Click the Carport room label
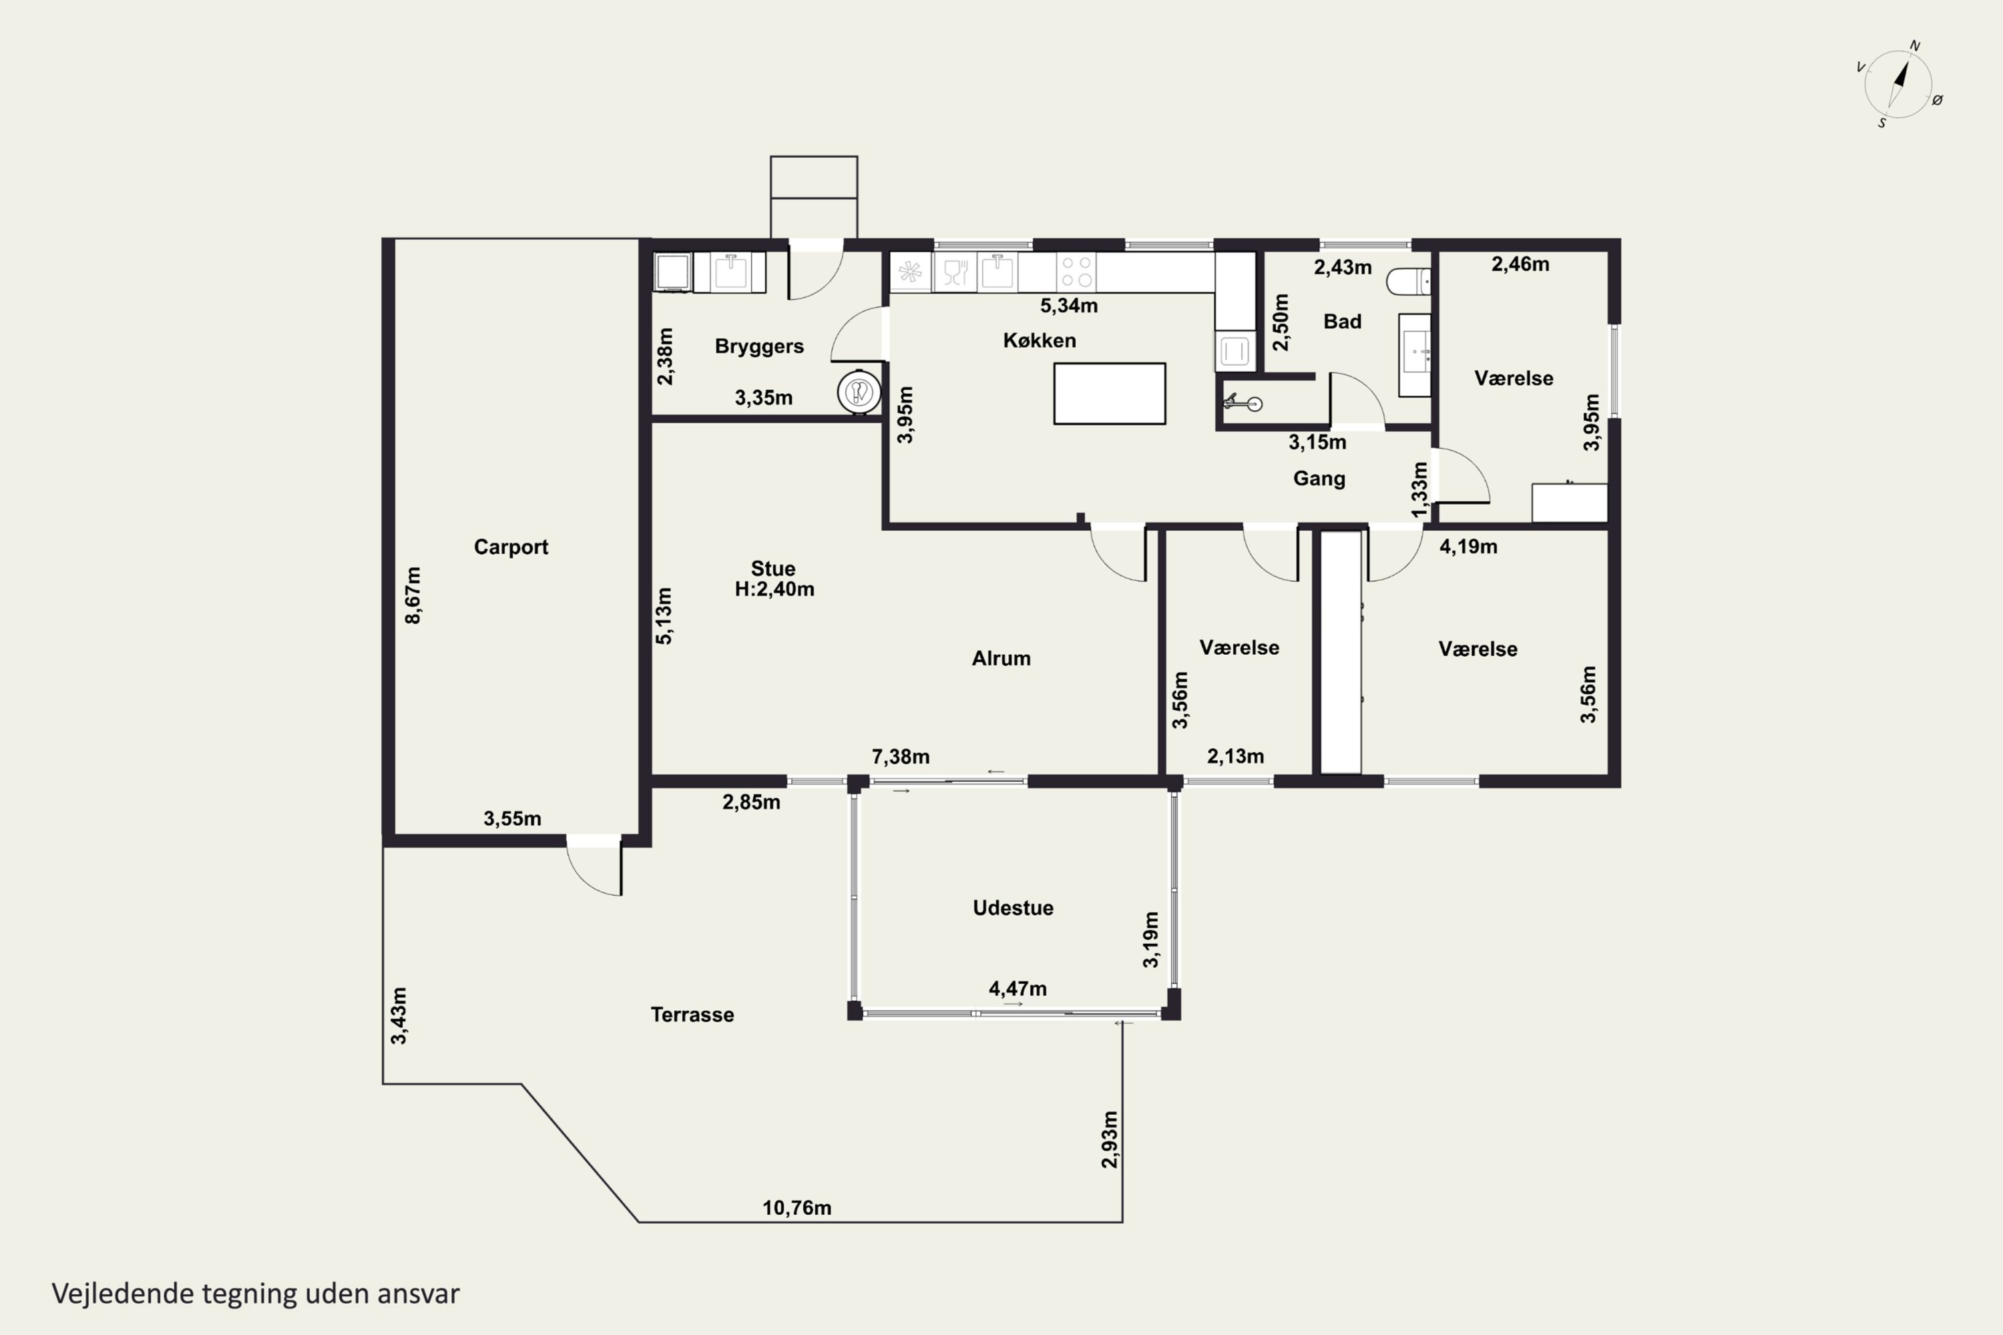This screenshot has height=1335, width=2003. (x=511, y=547)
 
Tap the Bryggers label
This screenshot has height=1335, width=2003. (x=758, y=346)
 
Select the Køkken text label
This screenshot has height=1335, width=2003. (x=1039, y=340)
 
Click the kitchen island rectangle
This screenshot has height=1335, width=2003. (x=1109, y=393)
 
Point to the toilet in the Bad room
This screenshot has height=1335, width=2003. (x=1409, y=281)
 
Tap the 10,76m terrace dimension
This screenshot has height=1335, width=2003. (x=797, y=1208)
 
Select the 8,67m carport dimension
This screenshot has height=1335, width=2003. (x=413, y=595)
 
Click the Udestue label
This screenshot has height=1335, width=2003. (x=1013, y=908)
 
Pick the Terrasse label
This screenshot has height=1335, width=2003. (x=692, y=1014)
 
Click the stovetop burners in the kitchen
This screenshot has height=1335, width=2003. (x=1076, y=272)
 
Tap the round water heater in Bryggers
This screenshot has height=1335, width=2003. (x=859, y=392)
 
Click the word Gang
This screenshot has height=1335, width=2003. (x=1319, y=479)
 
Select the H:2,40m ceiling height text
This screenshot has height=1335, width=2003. (x=774, y=589)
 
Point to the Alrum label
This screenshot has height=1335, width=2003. (x=1001, y=658)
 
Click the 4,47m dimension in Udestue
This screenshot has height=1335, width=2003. (x=1018, y=989)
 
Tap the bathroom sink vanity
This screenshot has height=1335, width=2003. (x=1415, y=355)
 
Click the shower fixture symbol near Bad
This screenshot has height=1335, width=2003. (x=1243, y=402)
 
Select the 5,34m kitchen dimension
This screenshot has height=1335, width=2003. (x=1069, y=306)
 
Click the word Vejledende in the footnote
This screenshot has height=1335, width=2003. (x=123, y=1294)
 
